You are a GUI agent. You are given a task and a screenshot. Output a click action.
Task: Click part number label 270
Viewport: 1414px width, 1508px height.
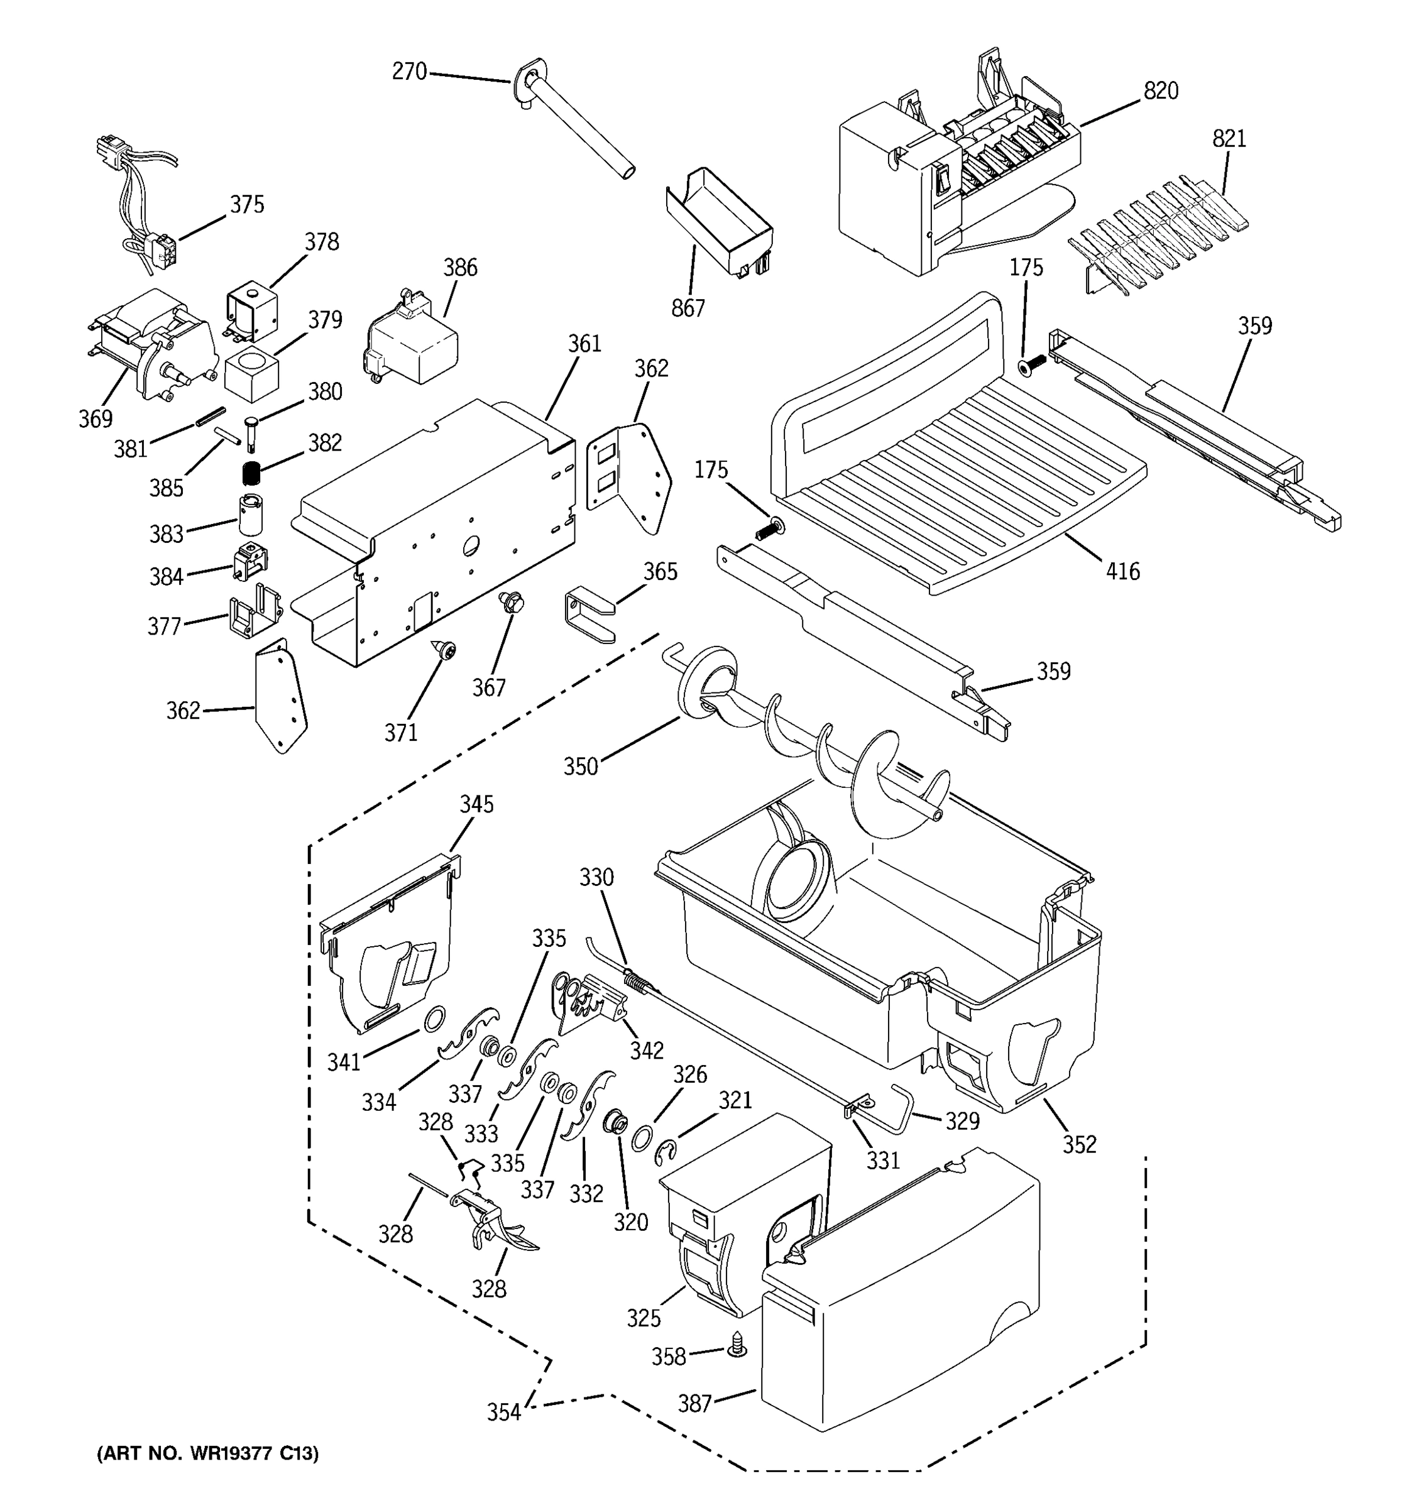[409, 72]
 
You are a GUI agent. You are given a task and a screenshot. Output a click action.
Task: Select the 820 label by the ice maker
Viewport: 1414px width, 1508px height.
[1161, 91]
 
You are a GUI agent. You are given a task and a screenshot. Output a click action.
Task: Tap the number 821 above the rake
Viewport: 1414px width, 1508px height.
[1229, 139]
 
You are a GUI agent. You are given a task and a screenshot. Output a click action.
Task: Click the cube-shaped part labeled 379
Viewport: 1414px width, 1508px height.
[252, 374]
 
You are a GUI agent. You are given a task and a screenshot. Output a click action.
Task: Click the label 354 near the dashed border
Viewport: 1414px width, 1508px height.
[504, 1412]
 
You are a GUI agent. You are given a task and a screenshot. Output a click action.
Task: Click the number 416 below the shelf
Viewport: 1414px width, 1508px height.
[1122, 571]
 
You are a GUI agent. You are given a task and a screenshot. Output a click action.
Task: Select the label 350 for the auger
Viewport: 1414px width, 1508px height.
[580, 767]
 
